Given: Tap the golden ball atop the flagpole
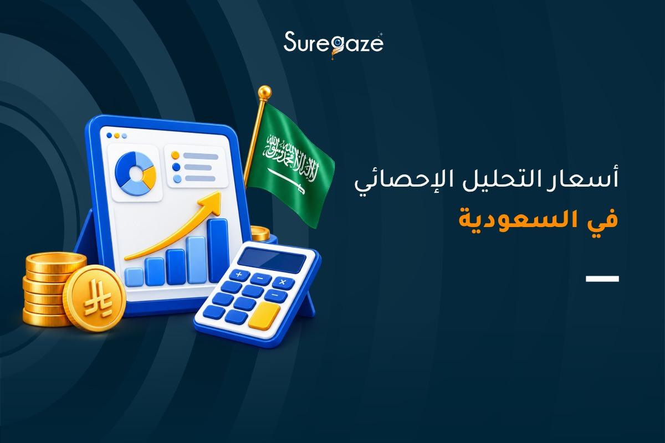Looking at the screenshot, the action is pyautogui.click(x=264, y=92).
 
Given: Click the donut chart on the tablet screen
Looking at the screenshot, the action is pyautogui.click(x=135, y=173).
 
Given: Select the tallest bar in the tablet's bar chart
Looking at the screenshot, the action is pyautogui.click(x=218, y=251).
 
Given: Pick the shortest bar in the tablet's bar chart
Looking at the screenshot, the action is pyautogui.click(x=134, y=277).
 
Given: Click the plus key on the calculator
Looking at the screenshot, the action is pyautogui.click(x=239, y=275).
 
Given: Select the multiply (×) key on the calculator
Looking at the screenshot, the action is pyautogui.click(x=283, y=282).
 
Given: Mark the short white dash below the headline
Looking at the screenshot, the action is pyautogui.click(x=602, y=279).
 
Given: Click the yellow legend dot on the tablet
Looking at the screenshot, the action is pyautogui.click(x=176, y=154).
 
